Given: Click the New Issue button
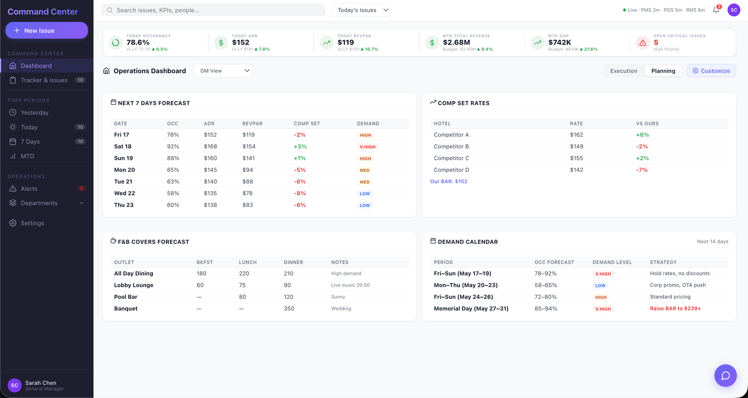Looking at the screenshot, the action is [x=47, y=30].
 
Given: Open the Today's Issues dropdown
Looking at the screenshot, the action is [x=360, y=10].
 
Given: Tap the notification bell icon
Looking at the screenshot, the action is [x=716, y=10].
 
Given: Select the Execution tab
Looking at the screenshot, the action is [x=624, y=71].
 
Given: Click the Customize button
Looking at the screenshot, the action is [x=711, y=71].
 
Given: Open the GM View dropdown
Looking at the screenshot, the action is [x=223, y=71].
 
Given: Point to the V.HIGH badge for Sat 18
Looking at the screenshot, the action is [x=367, y=147].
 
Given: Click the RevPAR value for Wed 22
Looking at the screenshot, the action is [x=247, y=193].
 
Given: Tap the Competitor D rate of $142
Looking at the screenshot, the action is [x=576, y=170].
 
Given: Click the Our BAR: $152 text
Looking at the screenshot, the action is [x=448, y=181].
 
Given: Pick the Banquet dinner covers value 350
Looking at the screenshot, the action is [x=289, y=309].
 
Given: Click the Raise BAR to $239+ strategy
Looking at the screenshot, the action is [x=675, y=309].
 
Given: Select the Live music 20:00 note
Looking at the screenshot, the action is [x=350, y=285].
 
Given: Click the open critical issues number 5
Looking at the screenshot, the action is [x=656, y=43].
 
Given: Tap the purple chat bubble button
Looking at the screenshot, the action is [x=725, y=375].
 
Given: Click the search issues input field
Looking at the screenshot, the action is [x=213, y=10].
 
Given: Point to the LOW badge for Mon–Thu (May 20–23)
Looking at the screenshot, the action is [x=600, y=286].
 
